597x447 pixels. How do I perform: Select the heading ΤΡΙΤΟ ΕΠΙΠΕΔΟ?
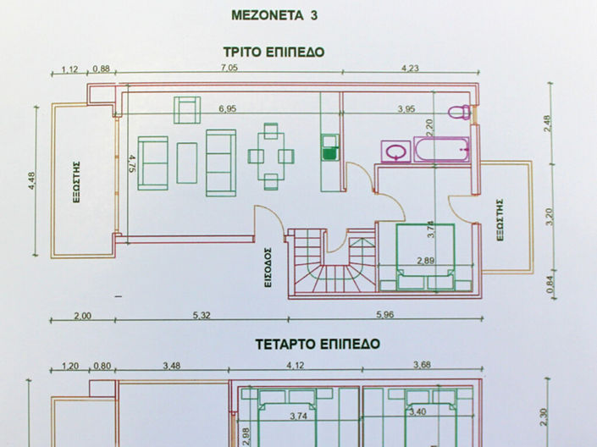pos(273,52)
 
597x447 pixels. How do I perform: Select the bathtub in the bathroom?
pos(442,149)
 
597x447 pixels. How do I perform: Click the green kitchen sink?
pos(329,152)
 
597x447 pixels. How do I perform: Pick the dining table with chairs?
pos(271,156)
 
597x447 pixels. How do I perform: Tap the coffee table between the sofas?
pos(187,162)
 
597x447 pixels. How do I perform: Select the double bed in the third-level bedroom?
pos(425,255)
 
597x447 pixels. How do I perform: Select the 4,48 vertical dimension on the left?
pos(32,182)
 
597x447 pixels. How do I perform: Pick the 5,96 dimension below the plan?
pos(384,316)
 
